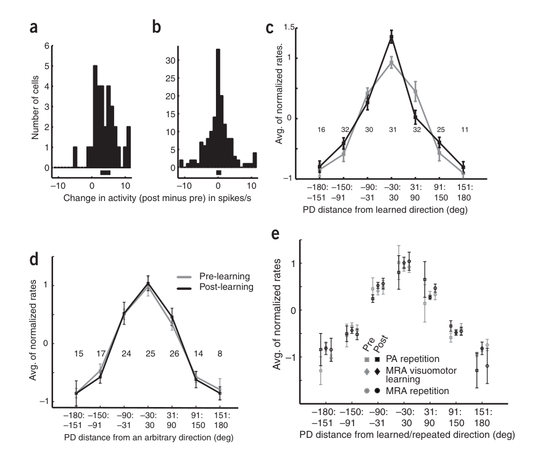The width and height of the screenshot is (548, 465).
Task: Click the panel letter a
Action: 33,27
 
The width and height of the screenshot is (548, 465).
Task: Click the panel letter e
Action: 275,234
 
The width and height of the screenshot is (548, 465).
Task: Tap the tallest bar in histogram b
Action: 218,109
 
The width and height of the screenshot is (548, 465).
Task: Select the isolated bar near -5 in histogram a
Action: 75,157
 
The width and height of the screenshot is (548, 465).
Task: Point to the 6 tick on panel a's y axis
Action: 47,46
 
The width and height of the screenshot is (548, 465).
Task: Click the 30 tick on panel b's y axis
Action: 170,60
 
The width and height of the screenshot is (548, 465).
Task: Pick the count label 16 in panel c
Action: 321,130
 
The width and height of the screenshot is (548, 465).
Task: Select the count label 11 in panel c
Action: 465,130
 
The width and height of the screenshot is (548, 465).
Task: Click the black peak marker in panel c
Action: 391,38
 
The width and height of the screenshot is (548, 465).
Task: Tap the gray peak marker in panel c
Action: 391,63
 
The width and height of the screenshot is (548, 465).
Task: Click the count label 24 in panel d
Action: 126,354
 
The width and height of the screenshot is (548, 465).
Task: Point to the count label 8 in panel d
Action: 220,354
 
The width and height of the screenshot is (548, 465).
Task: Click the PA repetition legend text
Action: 412,359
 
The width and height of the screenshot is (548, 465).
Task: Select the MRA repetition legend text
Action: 417,391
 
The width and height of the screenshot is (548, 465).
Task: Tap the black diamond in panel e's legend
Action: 378,371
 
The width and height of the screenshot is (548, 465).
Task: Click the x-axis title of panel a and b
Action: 157,199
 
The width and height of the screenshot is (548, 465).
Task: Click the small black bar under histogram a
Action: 105,173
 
